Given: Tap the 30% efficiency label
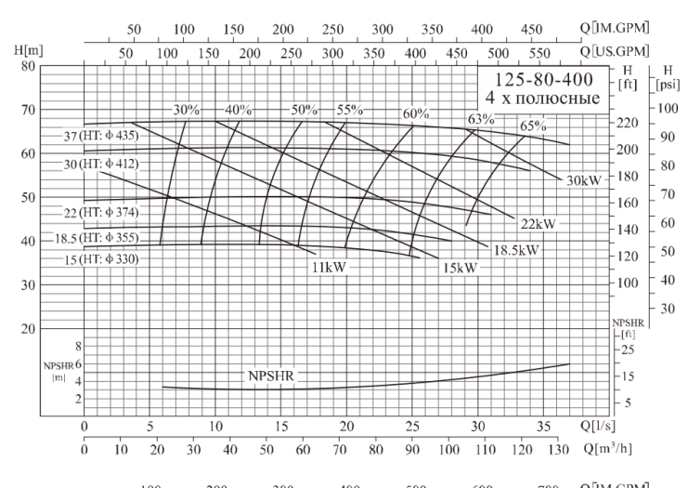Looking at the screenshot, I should [186, 110].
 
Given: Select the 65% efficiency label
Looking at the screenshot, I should [533, 126].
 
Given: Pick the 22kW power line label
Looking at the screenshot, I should [538, 223].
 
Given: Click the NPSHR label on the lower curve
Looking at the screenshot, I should [269, 376].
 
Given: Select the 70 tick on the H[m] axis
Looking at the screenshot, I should [28, 110].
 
